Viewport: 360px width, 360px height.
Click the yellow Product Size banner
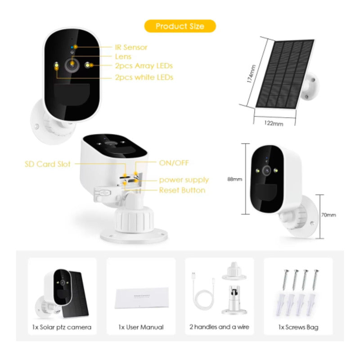180,26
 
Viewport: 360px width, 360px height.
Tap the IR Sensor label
131,47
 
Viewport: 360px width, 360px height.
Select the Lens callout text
123,57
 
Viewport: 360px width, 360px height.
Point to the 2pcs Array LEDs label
144,66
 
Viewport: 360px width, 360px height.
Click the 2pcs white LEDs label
144,77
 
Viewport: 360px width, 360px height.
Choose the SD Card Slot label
48,164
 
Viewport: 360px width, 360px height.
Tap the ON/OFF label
174,163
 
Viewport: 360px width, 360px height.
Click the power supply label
184,180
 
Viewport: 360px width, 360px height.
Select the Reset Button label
182,190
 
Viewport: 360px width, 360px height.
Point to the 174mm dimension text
251,74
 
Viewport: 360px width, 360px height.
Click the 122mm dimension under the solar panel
274,123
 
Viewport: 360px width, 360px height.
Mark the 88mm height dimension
234,179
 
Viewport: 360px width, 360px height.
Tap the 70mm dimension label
328,215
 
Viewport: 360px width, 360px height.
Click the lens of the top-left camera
72,65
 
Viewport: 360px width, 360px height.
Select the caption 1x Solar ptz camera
62,327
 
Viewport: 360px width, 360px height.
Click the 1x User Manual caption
141,327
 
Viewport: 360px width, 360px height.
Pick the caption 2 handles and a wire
219,327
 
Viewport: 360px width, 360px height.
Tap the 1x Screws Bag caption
298,327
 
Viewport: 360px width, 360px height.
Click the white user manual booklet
142,297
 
